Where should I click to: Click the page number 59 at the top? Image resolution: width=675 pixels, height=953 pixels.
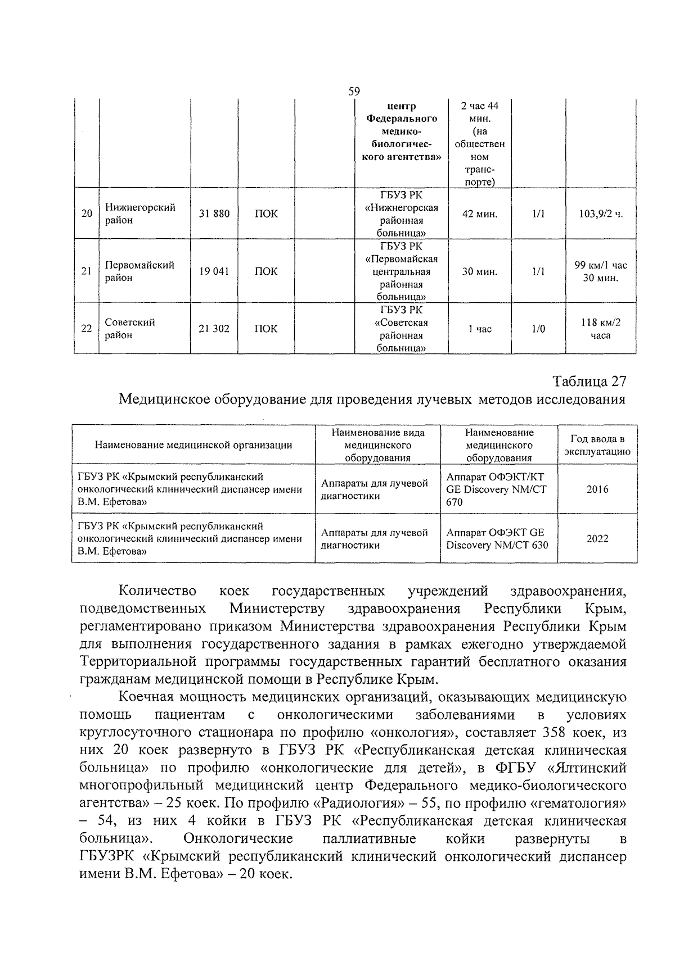(354, 92)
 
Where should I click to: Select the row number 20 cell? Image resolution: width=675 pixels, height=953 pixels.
(87, 214)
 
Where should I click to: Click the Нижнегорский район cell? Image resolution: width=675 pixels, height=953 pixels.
(140, 214)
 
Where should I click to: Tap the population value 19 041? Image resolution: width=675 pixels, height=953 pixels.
(214, 271)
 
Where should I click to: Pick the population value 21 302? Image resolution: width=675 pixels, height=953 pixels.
(214, 329)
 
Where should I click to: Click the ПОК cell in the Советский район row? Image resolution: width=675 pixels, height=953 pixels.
(266, 329)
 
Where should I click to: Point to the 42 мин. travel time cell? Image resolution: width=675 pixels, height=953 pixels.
(479, 214)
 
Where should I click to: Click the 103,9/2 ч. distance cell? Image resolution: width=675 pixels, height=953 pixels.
(601, 214)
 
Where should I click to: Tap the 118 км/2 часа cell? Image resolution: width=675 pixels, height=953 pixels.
(601, 329)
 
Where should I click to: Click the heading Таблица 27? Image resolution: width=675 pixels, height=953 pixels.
(589, 381)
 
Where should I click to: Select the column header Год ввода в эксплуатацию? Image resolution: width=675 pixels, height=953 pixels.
(597, 445)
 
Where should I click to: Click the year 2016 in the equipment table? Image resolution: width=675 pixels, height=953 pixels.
(597, 489)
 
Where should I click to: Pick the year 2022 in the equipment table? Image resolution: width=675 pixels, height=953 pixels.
(597, 538)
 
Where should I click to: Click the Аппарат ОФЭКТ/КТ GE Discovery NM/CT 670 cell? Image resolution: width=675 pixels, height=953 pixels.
(496, 489)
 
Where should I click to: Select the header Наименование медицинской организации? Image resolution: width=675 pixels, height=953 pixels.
(193, 445)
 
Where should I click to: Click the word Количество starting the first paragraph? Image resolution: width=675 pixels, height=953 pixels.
(157, 591)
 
